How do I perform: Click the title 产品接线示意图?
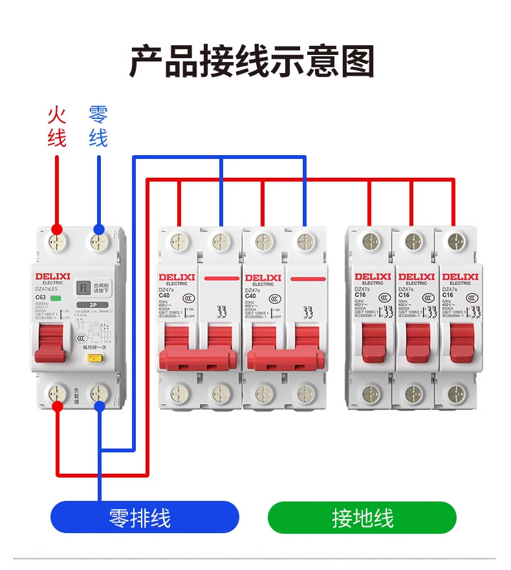point(252,62)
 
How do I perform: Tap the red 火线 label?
point(57,127)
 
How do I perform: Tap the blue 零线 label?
point(98,127)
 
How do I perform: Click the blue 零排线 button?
point(145,518)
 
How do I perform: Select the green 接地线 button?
point(362,518)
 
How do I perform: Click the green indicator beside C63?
point(65,298)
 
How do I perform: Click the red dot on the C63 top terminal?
point(57,229)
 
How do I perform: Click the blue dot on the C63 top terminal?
point(98,229)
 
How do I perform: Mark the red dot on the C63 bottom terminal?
point(57,406)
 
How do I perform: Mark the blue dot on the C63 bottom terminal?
point(99,406)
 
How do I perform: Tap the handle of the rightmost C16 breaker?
point(461,339)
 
